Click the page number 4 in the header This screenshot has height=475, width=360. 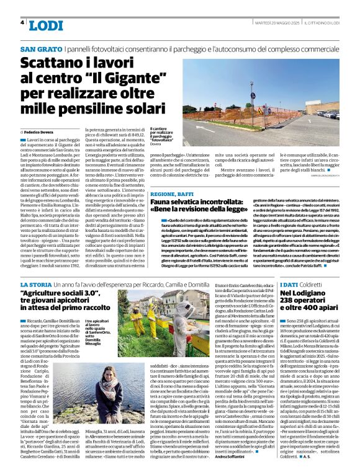23,22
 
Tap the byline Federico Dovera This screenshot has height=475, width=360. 40,132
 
